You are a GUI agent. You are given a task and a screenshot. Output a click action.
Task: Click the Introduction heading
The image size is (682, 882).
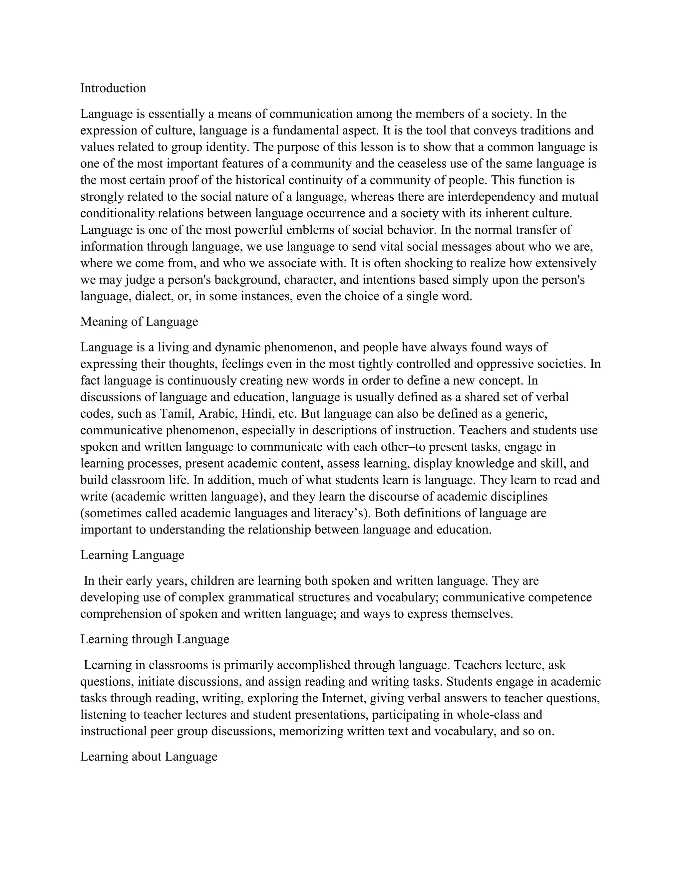[x=113, y=88]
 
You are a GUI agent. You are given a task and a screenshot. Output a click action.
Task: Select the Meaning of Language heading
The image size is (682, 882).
[x=139, y=322]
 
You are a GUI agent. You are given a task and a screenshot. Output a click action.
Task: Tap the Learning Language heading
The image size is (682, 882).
[x=132, y=555]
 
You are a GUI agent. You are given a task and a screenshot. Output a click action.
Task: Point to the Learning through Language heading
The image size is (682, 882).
[x=155, y=639]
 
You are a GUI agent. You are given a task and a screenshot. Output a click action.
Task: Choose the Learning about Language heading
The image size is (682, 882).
[x=149, y=757]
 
